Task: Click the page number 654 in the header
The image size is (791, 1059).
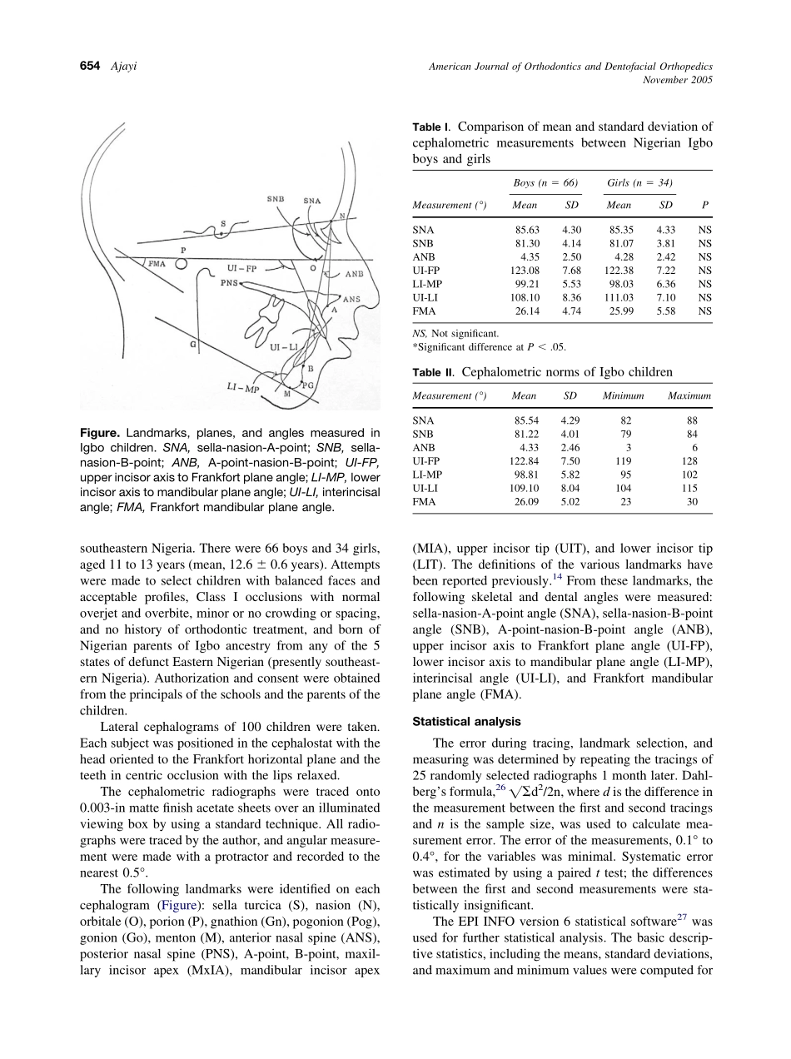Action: [92, 67]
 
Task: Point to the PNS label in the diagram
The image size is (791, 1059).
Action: [230, 283]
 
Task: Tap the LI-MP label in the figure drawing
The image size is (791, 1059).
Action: [243, 388]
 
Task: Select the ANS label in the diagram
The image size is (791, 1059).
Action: [351, 298]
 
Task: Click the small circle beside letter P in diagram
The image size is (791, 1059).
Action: [181, 264]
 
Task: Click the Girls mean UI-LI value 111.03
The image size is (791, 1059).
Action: [619, 297]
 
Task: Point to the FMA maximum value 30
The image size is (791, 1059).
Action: [692, 502]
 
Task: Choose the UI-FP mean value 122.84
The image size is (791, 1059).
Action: [525, 461]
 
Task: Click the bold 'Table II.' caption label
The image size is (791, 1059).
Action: [434, 372]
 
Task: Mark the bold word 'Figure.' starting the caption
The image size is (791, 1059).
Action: [101, 433]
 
